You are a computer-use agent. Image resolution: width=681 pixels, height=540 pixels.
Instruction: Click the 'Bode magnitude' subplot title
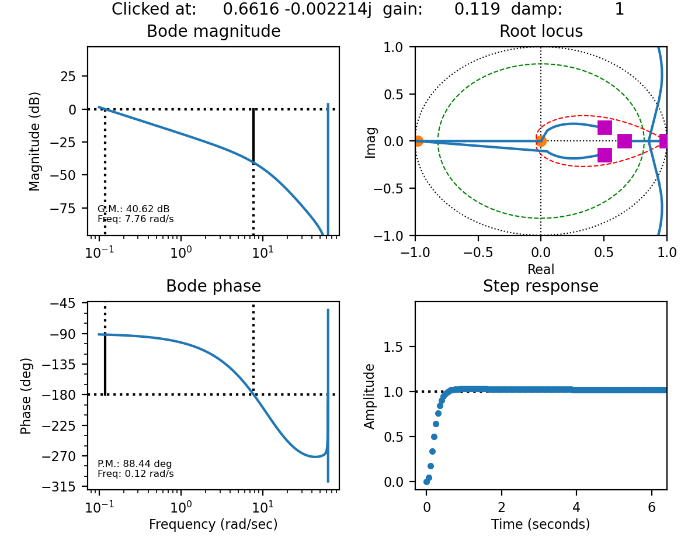[x=213, y=32]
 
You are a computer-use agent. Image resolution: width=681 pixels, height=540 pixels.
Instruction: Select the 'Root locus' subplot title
[x=541, y=32]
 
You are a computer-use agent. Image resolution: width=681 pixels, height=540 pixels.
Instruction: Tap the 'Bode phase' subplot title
[x=213, y=286]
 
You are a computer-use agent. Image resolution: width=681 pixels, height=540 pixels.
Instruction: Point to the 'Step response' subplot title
[x=541, y=286]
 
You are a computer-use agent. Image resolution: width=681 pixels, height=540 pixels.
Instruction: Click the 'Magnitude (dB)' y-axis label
[x=35, y=141]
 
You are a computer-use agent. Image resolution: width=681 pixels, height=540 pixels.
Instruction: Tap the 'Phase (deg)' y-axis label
[x=26, y=396]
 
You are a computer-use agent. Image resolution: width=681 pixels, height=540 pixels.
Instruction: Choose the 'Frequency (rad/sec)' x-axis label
[x=213, y=524]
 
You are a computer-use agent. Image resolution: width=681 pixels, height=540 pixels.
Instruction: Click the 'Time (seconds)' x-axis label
[x=541, y=524]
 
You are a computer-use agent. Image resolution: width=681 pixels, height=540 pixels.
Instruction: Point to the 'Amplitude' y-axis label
[x=370, y=396]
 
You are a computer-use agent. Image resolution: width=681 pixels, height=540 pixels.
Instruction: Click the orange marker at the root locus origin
[x=541, y=141]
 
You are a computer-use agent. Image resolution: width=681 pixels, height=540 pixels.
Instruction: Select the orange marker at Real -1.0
[x=418, y=141]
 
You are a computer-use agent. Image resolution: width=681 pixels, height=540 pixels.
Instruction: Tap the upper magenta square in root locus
[x=604, y=127]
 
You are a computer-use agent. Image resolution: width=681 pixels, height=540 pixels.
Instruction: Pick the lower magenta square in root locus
[x=604, y=155]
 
